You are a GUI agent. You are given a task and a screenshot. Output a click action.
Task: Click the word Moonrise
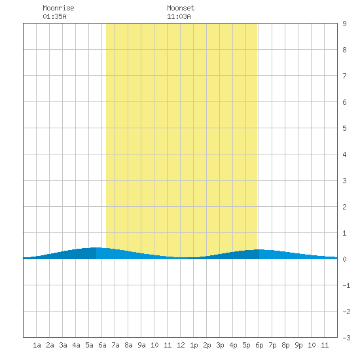58,8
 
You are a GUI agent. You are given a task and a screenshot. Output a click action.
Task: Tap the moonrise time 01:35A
54,16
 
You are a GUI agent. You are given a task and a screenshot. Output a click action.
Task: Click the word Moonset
181,8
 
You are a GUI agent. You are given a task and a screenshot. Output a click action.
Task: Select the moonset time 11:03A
179,16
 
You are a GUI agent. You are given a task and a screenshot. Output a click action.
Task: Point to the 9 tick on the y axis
344,24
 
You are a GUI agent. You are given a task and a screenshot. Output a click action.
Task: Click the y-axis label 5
344,128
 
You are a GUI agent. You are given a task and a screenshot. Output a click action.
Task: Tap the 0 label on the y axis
344,259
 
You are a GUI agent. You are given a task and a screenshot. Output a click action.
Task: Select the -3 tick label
346,338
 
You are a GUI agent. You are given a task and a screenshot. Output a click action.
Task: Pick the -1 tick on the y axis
346,285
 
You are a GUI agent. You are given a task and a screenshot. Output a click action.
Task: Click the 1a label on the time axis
37,345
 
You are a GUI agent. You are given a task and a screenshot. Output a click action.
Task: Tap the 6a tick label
102,345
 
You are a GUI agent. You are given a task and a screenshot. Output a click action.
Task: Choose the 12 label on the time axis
181,345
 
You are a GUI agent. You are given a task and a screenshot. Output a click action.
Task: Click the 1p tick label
194,345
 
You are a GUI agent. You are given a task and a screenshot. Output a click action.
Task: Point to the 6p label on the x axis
259,345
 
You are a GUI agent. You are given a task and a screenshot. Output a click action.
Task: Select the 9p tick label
298,345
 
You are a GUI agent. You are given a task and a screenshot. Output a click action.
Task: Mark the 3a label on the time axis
63,345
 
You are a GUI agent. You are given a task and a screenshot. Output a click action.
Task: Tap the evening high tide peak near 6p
259,249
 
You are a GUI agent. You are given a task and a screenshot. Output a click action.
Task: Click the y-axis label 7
344,76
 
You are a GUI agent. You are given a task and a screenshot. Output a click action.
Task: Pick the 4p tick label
233,345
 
